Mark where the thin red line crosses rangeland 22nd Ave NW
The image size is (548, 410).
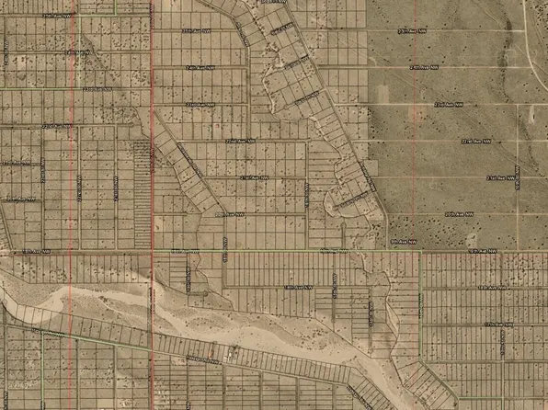[x=417, y=141]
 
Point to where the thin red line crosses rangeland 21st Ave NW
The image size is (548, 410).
[x=417, y=177]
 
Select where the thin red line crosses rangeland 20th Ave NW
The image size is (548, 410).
[x=417, y=213]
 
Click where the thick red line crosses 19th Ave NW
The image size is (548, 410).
[x=151, y=250]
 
